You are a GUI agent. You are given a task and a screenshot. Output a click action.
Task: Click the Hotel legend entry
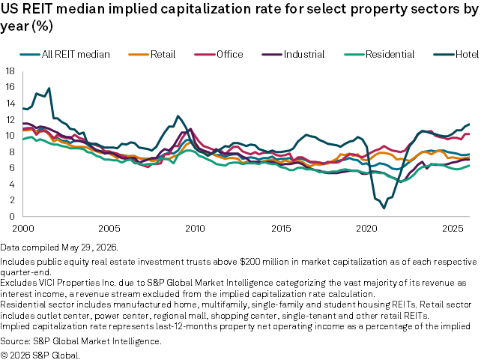[x=456, y=55]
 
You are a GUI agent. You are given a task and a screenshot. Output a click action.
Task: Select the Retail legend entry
[x=151, y=55]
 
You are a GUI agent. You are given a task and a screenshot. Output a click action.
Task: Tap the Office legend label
[x=230, y=55]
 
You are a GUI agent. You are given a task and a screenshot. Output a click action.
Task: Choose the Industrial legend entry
[x=293, y=55]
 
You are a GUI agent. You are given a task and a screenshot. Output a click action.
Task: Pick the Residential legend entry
[x=379, y=55]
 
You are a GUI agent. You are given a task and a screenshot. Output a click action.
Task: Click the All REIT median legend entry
[x=64, y=55]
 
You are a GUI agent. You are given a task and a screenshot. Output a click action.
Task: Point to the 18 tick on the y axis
[x=10, y=71]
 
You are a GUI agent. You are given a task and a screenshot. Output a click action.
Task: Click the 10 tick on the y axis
[x=10, y=136]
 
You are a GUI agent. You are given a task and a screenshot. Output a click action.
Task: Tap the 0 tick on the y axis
[x=12, y=217]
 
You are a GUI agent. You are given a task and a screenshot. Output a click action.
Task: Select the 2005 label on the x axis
[x=109, y=228]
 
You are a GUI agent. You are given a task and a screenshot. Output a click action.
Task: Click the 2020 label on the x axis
[x=367, y=228]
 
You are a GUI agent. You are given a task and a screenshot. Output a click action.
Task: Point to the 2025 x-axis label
[x=453, y=228]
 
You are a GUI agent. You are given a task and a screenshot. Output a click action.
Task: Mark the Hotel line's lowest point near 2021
[x=384, y=208]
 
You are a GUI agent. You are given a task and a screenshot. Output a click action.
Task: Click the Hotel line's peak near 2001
[x=49, y=88]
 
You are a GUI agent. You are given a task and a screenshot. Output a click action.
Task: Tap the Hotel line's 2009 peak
[x=178, y=116]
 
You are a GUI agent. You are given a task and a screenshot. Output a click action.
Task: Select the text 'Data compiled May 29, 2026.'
[x=59, y=247]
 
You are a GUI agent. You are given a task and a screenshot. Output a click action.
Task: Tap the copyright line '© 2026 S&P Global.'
[x=40, y=355]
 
